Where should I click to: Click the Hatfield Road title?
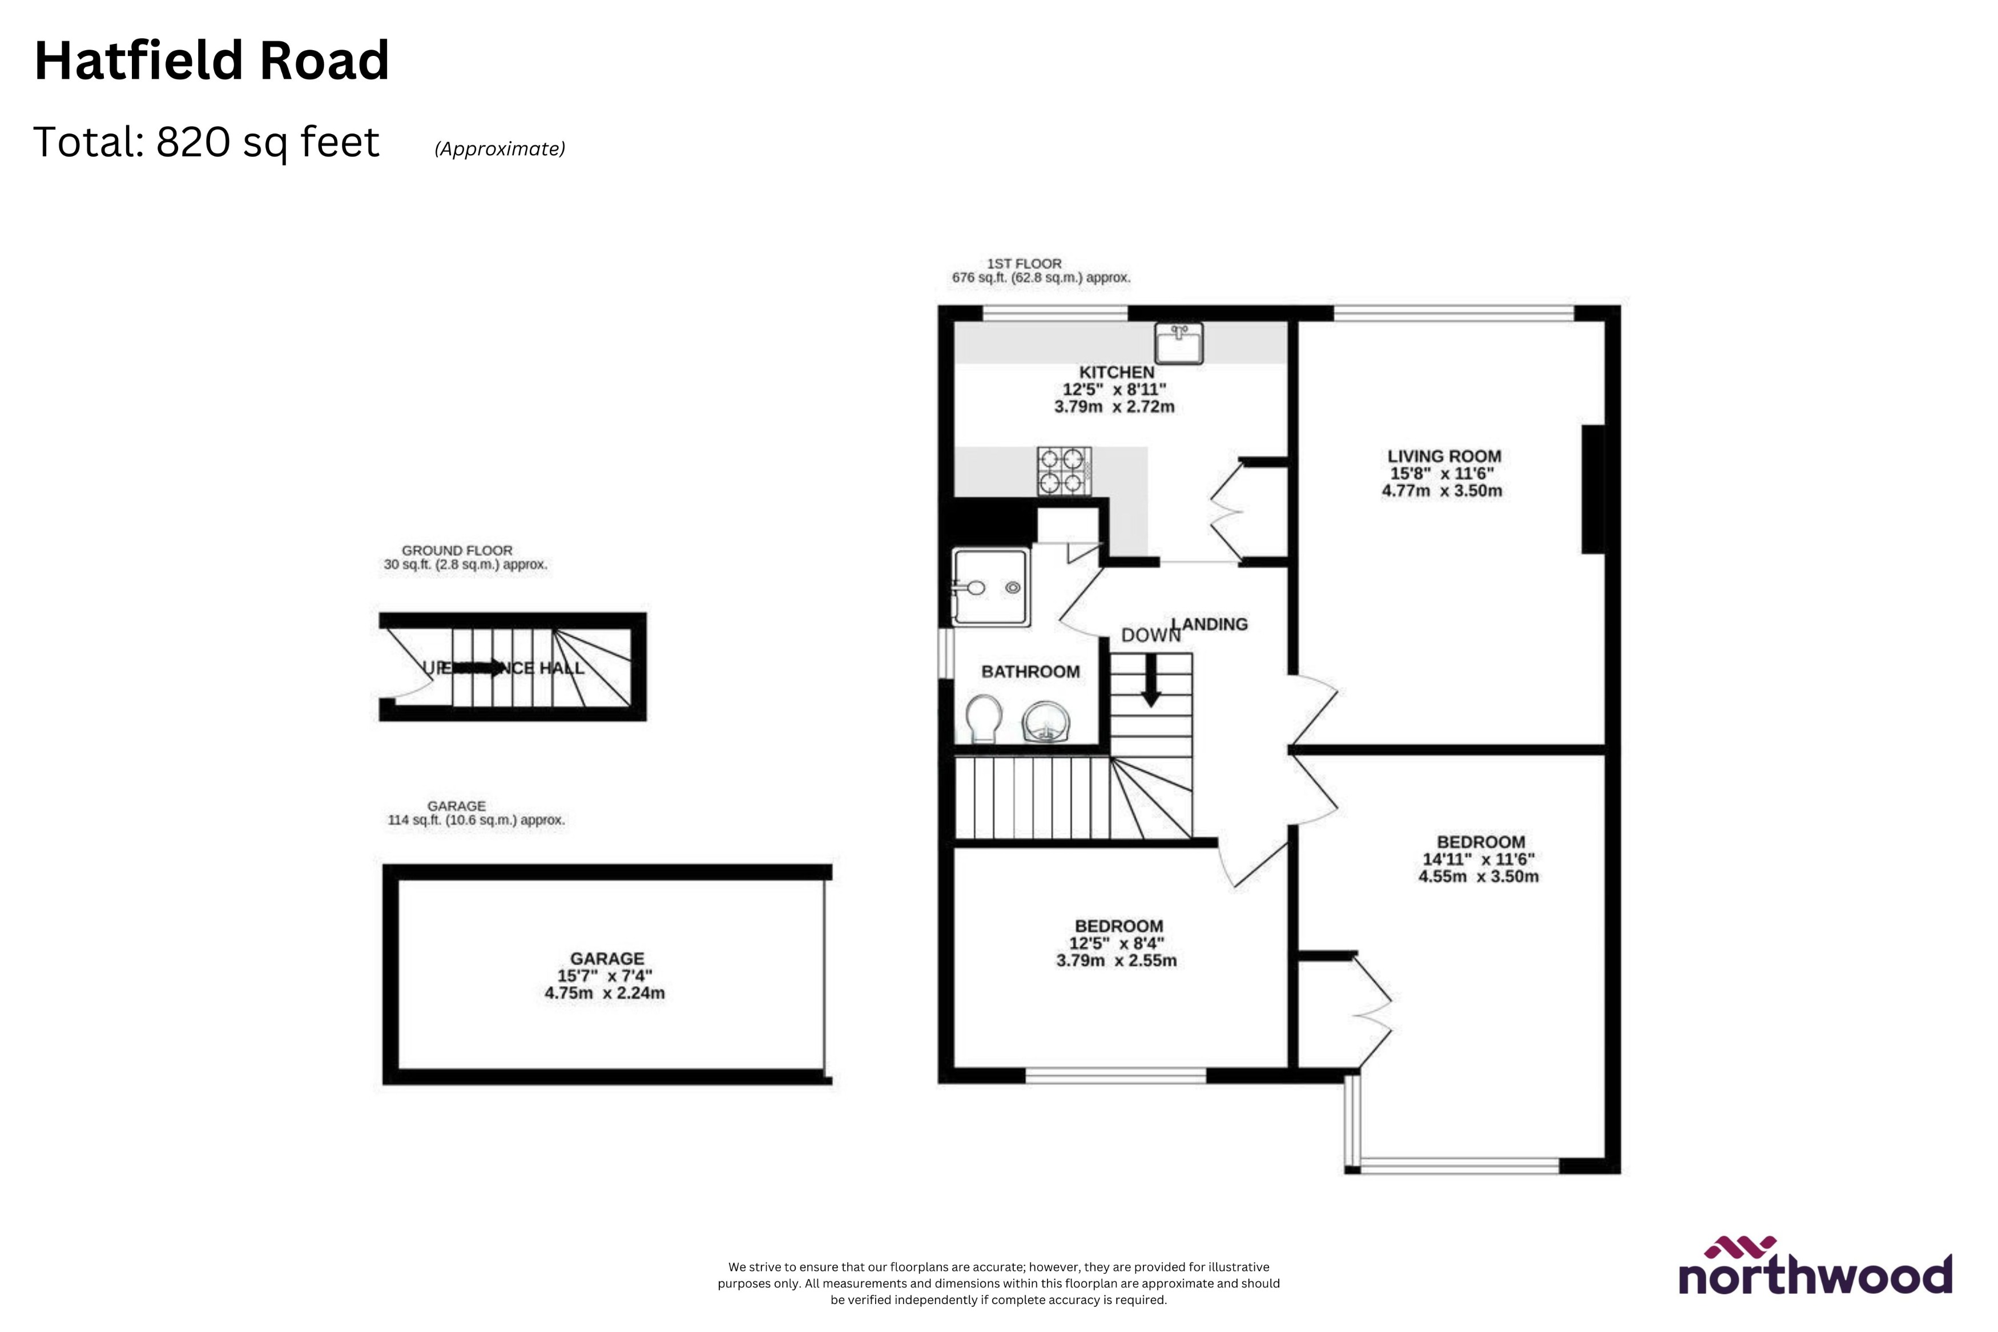pos(212,61)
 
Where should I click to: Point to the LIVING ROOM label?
pos(1444,456)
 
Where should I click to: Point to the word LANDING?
pos(1215,624)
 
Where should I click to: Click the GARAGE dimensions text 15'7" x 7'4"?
pos(605,976)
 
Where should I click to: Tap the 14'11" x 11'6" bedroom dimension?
pos(1479,859)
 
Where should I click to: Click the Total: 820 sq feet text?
pos(207,143)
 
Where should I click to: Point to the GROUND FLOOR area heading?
pos(457,551)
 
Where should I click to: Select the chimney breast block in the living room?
pos(1592,489)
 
